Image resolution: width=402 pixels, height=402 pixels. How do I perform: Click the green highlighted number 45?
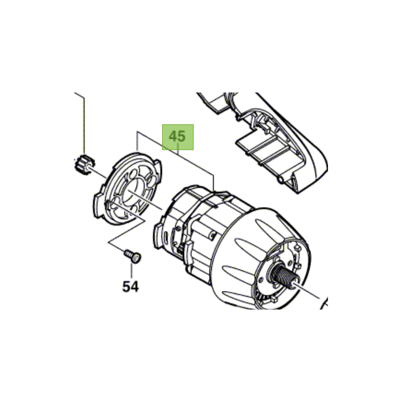coord(178,137)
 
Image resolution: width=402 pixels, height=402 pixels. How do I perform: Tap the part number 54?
coord(130,286)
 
